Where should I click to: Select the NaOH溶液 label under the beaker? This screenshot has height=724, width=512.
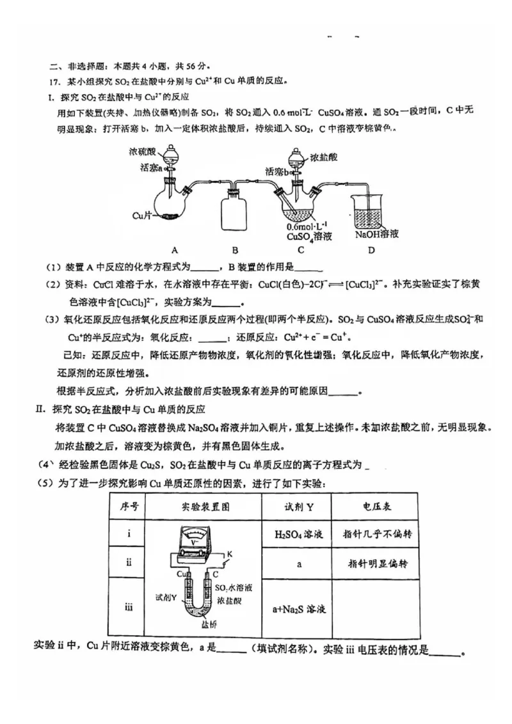[x=377, y=234]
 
